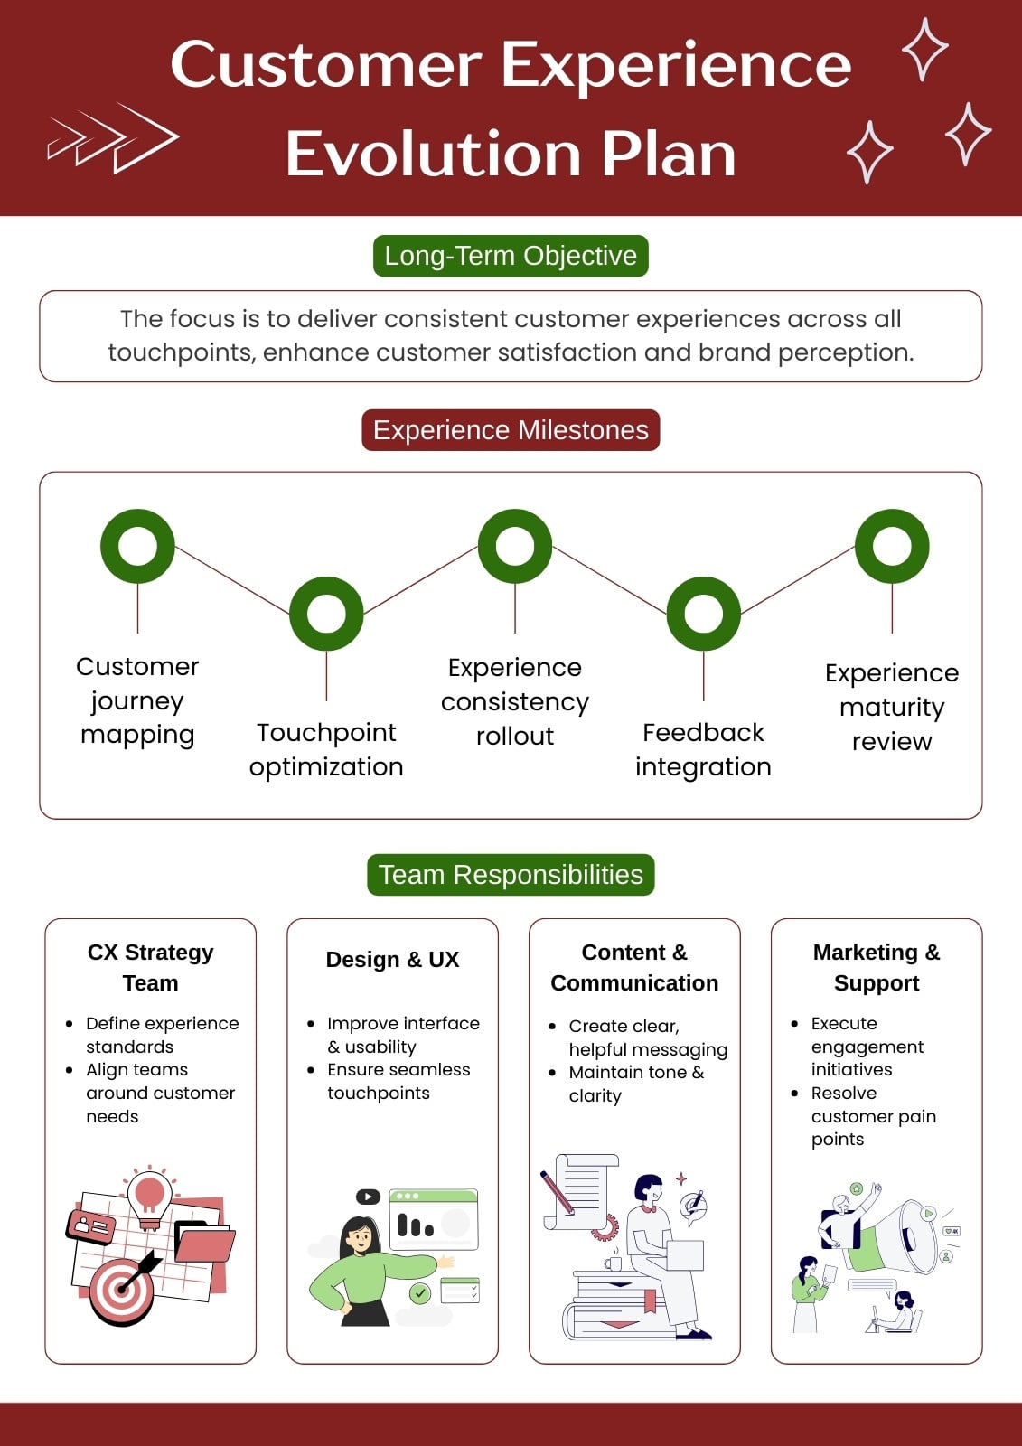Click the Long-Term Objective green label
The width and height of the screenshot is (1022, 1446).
click(511, 256)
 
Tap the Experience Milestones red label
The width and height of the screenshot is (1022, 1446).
click(511, 430)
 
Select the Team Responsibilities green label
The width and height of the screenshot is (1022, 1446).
click(511, 875)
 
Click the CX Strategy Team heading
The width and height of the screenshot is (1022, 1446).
click(150, 967)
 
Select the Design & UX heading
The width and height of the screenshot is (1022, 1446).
click(392, 959)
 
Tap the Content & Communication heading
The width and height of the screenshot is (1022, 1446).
click(634, 967)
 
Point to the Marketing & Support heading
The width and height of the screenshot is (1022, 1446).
click(877, 967)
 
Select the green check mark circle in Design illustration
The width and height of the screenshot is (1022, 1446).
click(420, 1293)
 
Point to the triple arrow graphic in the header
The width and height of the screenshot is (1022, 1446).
click(113, 137)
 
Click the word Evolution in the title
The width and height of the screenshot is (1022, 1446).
click(433, 154)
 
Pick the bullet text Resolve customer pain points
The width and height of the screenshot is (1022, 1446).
click(874, 1115)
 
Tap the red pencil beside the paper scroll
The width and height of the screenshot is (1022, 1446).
click(558, 1192)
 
